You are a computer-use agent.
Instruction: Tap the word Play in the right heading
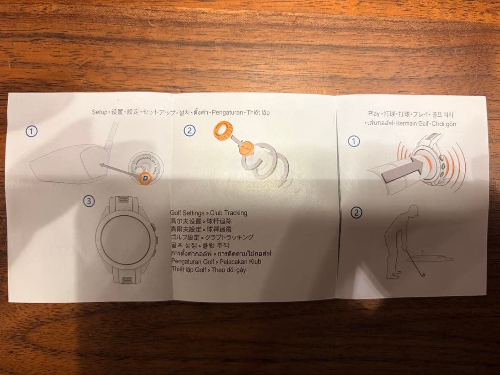tap(374, 113)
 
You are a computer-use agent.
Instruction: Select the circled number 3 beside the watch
tap(89, 201)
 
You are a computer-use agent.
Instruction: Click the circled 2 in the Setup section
tap(189, 130)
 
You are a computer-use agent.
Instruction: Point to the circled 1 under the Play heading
tap(354, 141)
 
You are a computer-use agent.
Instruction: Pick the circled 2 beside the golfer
tap(356, 213)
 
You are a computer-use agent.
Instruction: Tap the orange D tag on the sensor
tap(145, 176)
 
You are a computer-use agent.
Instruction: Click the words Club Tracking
tap(229, 213)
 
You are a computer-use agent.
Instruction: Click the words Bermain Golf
tap(412, 124)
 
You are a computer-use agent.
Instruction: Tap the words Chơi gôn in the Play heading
tap(444, 124)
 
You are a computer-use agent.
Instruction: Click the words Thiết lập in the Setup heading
tap(258, 112)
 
